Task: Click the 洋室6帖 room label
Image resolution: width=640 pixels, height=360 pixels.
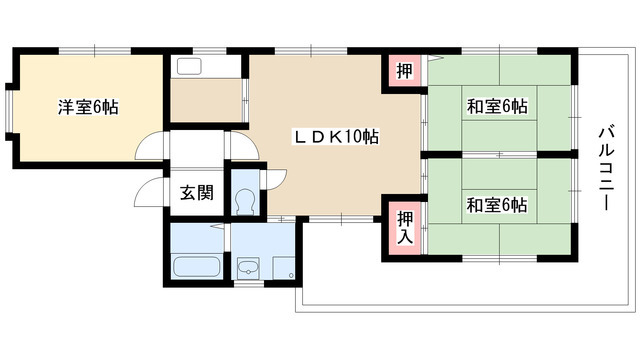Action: click(x=88, y=106)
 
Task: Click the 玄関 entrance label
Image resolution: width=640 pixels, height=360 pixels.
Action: click(x=196, y=194)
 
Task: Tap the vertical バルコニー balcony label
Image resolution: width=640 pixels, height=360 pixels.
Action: click(x=604, y=166)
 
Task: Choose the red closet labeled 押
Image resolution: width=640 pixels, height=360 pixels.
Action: click(x=403, y=71)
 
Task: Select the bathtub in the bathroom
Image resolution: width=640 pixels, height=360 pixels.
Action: click(x=196, y=268)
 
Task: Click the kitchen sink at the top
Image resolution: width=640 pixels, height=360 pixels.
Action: click(x=189, y=67)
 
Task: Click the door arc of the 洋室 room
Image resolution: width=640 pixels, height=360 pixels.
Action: click(x=150, y=147)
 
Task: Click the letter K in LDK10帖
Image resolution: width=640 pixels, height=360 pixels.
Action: click(x=334, y=137)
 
